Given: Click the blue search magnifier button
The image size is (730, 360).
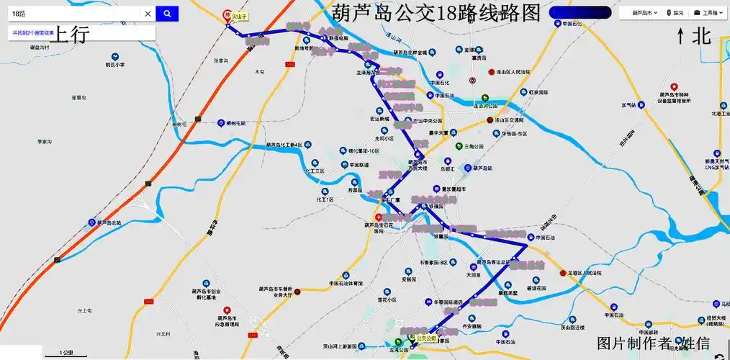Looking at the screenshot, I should tap(167, 14).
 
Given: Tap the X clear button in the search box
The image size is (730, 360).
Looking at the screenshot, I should tap(148, 14).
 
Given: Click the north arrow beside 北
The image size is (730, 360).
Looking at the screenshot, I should tap(680, 36).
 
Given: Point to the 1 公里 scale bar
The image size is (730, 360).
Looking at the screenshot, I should tap(66, 354).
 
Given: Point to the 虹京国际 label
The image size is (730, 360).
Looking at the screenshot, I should tap(539, 93).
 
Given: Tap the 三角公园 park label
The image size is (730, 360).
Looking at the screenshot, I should tap(474, 146).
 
